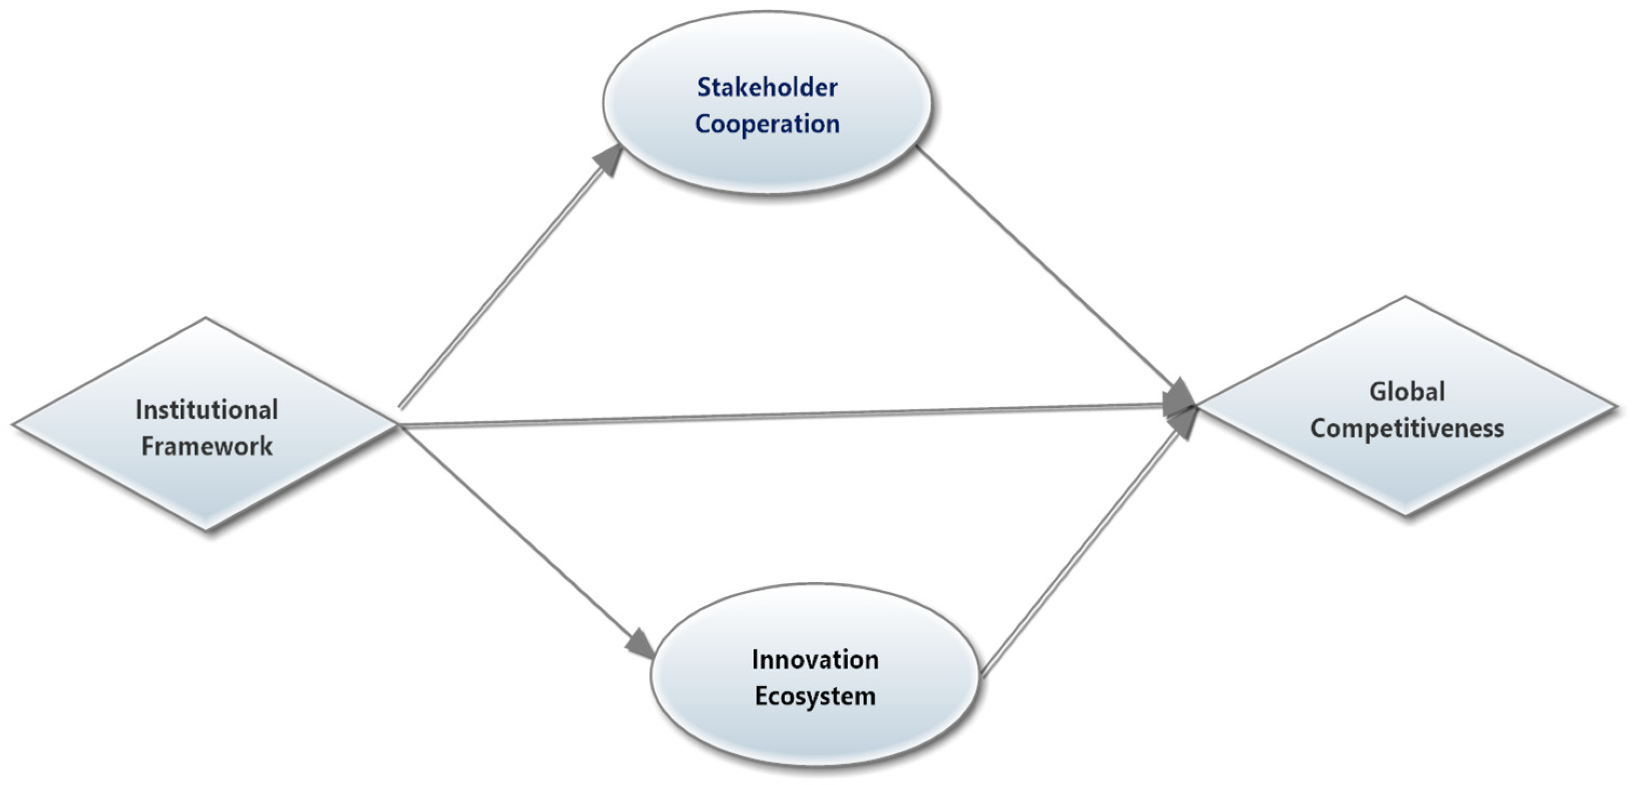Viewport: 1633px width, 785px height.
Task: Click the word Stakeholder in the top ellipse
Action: pos(767,87)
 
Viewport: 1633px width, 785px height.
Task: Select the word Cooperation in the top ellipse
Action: pos(767,124)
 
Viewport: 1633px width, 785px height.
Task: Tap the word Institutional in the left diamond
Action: pos(207,410)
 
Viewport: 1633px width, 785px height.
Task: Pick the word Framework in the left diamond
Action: pos(207,446)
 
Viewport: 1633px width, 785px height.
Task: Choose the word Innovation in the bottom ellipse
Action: pos(815,660)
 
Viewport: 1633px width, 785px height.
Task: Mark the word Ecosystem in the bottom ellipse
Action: pos(815,696)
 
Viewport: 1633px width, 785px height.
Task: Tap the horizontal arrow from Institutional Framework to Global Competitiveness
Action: pos(786,416)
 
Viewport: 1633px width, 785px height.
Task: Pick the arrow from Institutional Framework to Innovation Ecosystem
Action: pos(520,539)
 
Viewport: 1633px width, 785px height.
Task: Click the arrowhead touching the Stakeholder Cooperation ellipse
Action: pos(610,159)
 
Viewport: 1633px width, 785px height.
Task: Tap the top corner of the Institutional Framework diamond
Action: pos(207,319)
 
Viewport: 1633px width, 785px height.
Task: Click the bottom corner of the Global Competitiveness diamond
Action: pos(1406,515)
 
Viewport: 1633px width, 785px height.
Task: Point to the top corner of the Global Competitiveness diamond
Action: pos(1406,298)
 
